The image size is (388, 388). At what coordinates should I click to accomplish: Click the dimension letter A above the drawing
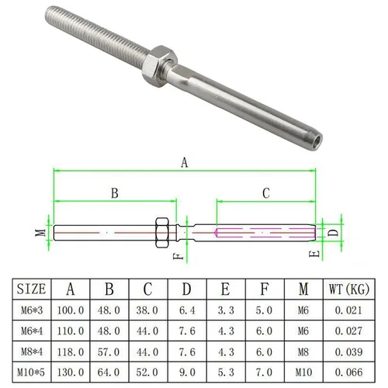pos(184,163)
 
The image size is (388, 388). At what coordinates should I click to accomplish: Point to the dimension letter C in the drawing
pos(265,193)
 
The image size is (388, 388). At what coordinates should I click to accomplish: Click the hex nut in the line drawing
pos(165,231)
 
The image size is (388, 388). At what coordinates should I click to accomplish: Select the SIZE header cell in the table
pos(32,289)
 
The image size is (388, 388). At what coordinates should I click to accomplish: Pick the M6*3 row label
pos(32,310)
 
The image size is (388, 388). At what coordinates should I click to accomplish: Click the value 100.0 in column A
pos(71,310)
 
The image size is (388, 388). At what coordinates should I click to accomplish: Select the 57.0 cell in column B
pos(110,351)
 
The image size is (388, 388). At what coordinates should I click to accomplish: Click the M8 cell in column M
pos(303,351)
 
